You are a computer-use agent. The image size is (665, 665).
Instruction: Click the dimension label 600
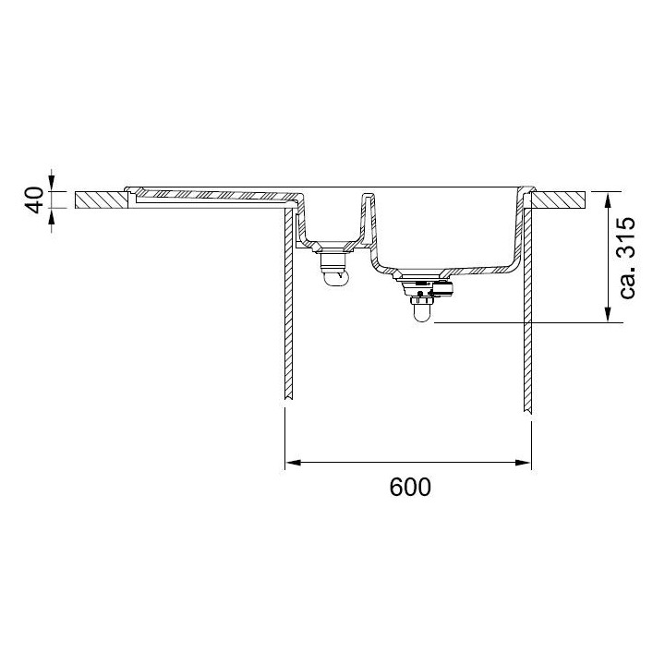click(410, 488)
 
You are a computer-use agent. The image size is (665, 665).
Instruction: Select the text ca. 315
click(627, 259)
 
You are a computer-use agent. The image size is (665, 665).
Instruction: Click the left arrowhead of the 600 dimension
click(293, 463)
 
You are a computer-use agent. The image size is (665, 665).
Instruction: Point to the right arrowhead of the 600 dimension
click(523, 463)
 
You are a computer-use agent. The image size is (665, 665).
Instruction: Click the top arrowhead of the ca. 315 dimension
click(608, 199)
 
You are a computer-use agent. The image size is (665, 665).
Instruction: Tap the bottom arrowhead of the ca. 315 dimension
click(608, 314)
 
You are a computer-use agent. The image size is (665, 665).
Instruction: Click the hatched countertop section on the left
click(102, 199)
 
